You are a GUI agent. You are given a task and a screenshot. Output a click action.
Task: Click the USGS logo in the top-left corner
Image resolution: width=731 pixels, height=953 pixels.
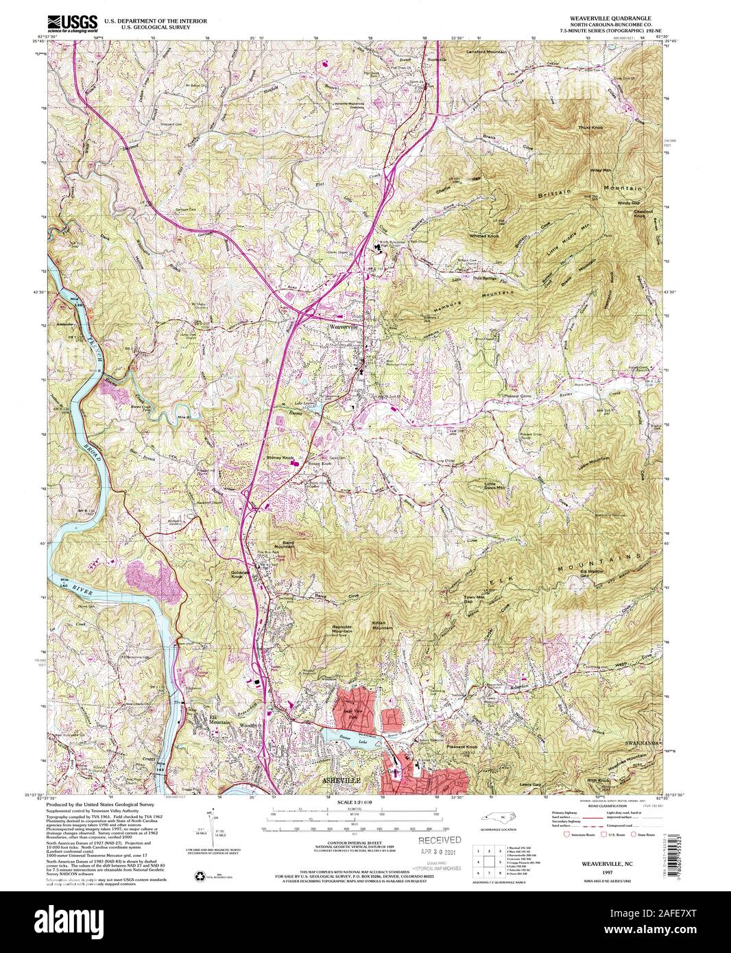tap(72, 21)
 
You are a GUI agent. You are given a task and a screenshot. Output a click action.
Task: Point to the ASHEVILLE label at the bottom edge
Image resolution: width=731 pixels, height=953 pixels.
tap(341, 781)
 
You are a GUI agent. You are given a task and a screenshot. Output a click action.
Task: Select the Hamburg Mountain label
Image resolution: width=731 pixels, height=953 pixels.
tap(464, 302)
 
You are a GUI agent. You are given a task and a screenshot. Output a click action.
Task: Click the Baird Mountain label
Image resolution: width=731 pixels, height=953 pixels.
tap(283, 544)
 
